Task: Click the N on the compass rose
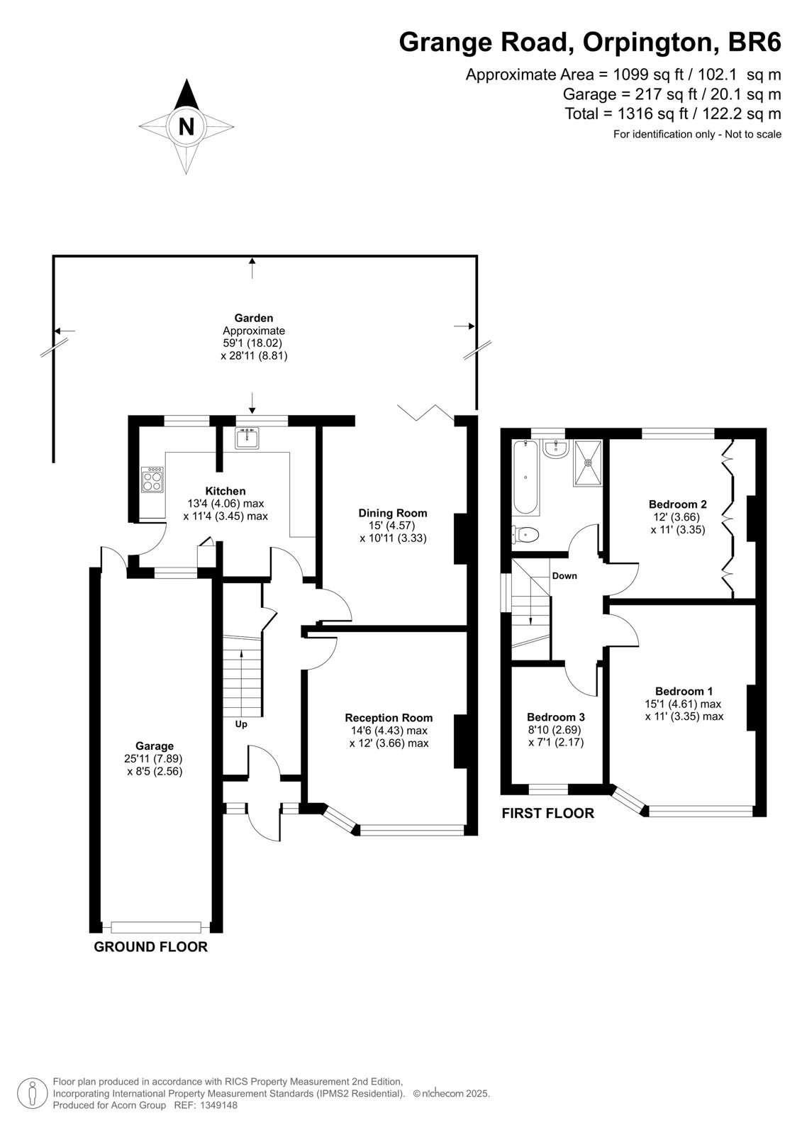[x=186, y=126]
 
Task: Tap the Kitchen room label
[x=225, y=491]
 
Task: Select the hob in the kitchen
[x=152, y=479]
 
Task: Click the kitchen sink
[x=247, y=438]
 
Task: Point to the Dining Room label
[x=393, y=513]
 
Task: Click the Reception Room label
[x=389, y=717]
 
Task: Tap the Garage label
[x=155, y=746]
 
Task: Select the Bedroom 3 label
[x=556, y=717]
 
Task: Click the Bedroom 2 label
[x=678, y=504]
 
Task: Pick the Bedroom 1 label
[x=684, y=691]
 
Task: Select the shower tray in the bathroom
[x=588, y=463]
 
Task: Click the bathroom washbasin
[x=556, y=449]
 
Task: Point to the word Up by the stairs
[x=241, y=724]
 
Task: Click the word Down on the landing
[x=564, y=575]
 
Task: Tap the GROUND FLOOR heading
[x=151, y=946]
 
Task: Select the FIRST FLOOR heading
[x=547, y=813]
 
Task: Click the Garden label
[x=253, y=318]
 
